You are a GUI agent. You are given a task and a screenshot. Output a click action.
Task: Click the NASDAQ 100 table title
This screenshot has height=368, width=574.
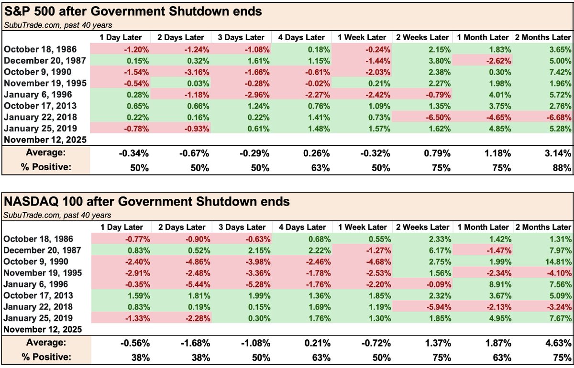(x=146, y=202)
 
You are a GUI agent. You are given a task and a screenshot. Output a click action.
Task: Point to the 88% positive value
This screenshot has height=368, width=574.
(x=563, y=168)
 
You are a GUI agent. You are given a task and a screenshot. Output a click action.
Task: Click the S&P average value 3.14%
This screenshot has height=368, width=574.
(x=558, y=153)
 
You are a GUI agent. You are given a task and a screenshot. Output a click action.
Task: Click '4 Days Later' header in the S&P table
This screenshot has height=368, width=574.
(x=301, y=37)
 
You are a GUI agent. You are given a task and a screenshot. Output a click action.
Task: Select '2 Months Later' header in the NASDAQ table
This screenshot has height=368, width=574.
(x=542, y=227)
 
